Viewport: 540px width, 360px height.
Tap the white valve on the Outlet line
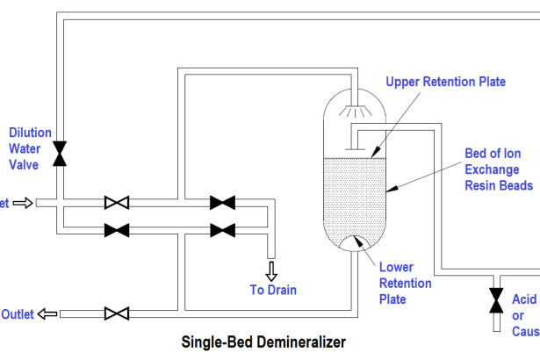117,313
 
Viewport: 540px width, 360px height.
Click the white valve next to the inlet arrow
117,203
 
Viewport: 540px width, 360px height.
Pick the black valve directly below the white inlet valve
117,231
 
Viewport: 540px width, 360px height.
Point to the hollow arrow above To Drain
270,270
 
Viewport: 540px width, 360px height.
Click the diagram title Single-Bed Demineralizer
263,342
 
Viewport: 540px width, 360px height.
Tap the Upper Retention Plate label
445,83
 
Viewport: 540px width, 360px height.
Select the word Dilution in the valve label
30,133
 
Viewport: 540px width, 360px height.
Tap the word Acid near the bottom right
524,300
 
